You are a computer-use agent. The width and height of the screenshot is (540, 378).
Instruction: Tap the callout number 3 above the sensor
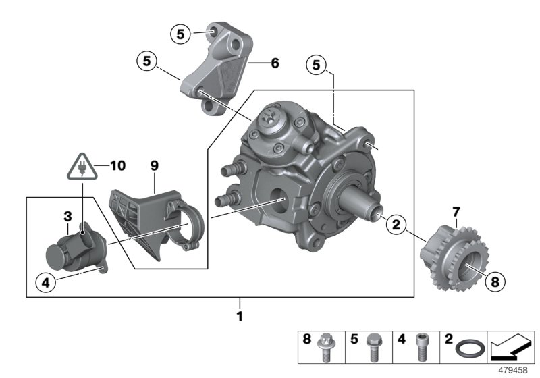click(x=67, y=216)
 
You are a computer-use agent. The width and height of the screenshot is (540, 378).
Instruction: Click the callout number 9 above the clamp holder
click(x=154, y=164)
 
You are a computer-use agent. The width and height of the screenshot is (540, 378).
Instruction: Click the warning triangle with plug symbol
click(x=82, y=167)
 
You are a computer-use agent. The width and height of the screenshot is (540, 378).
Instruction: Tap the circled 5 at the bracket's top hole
click(x=180, y=33)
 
